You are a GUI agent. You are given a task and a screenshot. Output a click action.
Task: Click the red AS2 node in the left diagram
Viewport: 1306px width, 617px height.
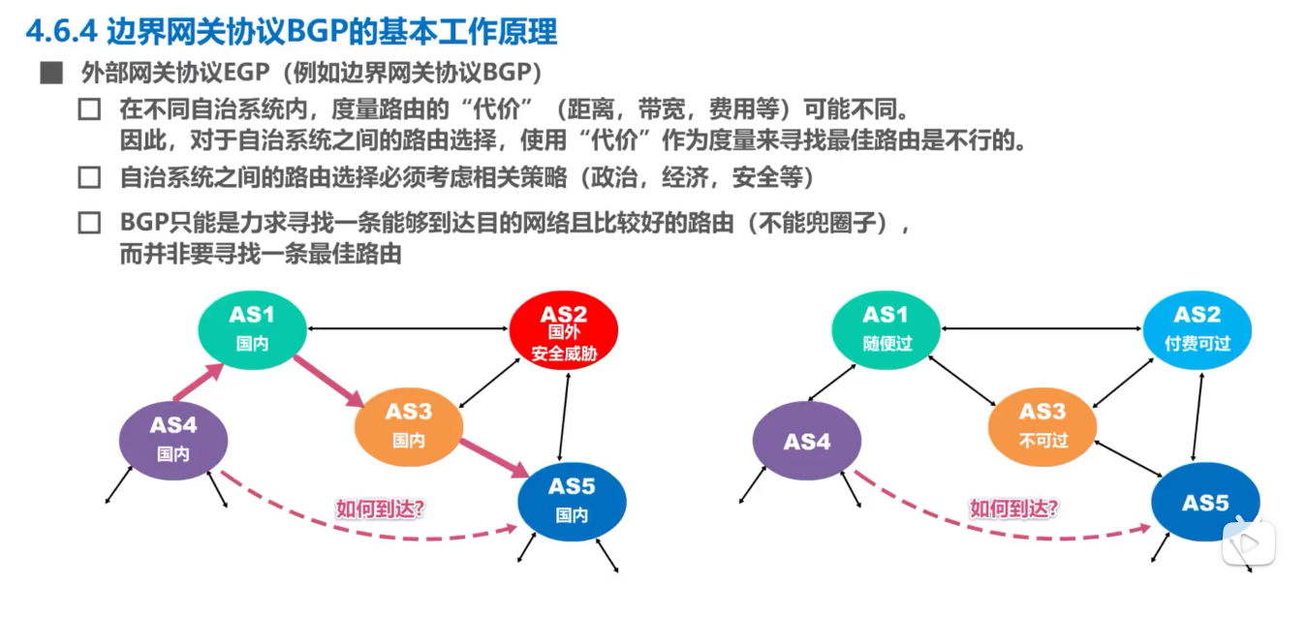pos(563,332)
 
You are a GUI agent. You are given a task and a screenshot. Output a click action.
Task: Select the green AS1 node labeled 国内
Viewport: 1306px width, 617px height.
pos(252,329)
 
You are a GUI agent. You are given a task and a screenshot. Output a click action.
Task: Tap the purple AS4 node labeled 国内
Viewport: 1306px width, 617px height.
pos(173,439)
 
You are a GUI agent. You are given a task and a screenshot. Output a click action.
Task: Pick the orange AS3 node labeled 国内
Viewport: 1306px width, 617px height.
pos(408,426)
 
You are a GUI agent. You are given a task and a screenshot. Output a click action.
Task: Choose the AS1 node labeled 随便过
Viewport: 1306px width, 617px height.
pos(886,329)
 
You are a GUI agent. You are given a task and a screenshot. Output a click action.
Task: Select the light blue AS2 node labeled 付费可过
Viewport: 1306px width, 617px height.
pos(1197,329)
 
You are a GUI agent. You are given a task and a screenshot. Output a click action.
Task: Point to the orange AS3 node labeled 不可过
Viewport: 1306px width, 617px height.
pos(1042,426)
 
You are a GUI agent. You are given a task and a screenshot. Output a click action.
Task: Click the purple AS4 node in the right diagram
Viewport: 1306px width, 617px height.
pos(807,442)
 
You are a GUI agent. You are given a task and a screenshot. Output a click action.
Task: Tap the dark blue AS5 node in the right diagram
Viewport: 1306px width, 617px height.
pos(1205,503)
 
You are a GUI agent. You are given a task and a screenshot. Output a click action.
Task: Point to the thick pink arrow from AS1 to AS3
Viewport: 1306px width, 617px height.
pos(329,380)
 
